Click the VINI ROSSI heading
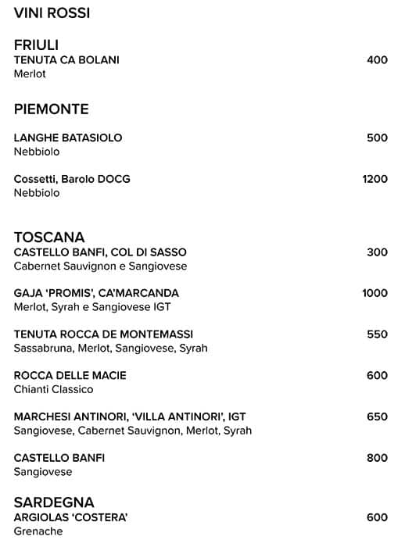(x=52, y=13)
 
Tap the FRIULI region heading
(x=36, y=45)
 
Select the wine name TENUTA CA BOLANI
(x=66, y=60)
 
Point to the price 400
(x=377, y=60)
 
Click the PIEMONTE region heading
(x=51, y=109)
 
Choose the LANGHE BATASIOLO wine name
(x=68, y=138)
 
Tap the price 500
(x=377, y=138)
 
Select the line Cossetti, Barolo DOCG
(x=72, y=179)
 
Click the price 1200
(x=375, y=179)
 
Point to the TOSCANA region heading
(x=49, y=238)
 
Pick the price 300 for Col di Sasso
(x=377, y=252)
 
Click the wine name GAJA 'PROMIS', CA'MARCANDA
(x=96, y=293)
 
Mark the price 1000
(x=375, y=293)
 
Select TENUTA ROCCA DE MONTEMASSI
(x=103, y=334)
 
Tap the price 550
(x=377, y=334)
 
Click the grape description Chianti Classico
(x=53, y=389)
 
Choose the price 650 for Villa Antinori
(x=377, y=417)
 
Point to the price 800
(x=377, y=458)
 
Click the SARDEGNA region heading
(x=54, y=502)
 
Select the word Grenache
(x=38, y=531)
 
